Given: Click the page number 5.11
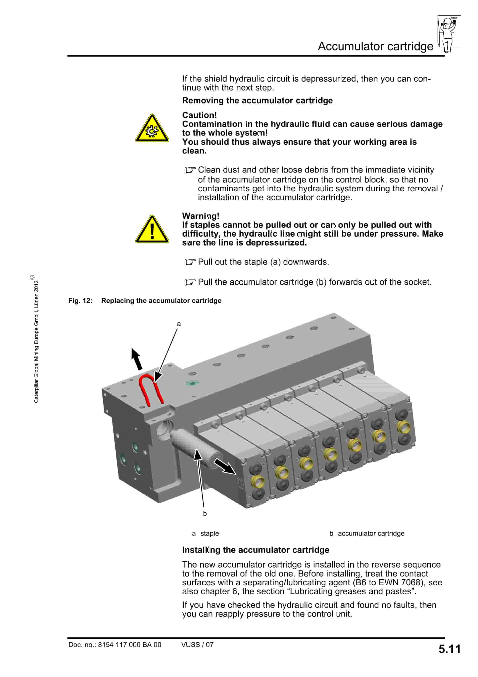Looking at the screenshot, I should [x=449, y=649].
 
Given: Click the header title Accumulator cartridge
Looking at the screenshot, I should [x=375, y=46].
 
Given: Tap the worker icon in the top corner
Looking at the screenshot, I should [x=448, y=34].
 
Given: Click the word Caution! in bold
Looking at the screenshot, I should [x=199, y=115].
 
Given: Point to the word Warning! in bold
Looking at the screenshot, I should [x=200, y=216].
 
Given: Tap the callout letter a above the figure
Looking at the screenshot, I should [x=179, y=324].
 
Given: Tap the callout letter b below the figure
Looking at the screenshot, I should [x=205, y=513].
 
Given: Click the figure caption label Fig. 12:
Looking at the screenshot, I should [x=80, y=301].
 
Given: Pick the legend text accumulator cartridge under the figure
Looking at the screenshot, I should [x=371, y=533].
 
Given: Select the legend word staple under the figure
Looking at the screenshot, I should [x=209, y=533].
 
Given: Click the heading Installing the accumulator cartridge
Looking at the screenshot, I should [x=255, y=550].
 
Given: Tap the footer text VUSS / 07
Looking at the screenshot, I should [x=197, y=645].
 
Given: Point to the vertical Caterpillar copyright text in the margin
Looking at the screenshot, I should [x=36, y=341].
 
